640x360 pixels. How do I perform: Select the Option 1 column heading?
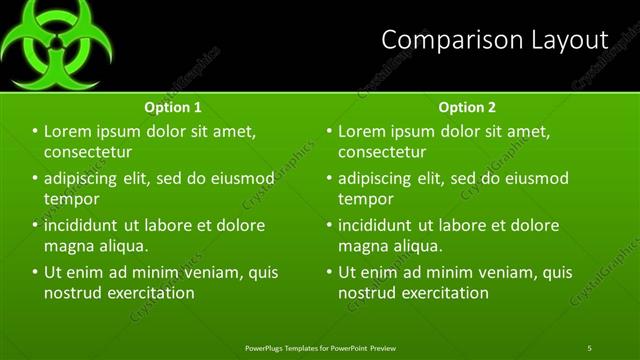(x=173, y=107)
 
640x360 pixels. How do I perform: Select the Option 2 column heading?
(x=467, y=107)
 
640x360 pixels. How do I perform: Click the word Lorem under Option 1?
(x=68, y=131)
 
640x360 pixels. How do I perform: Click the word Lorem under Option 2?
(x=362, y=131)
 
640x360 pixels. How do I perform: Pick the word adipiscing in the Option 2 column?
(x=382, y=179)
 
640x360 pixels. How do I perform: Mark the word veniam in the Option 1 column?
(x=210, y=272)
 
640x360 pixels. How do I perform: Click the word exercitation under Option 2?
(x=444, y=293)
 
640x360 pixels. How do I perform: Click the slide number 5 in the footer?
(x=589, y=348)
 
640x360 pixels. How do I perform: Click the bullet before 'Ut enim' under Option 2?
(x=328, y=272)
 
